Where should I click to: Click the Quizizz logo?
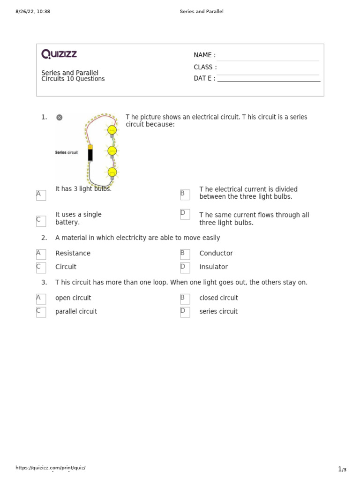59,54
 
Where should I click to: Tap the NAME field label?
204,55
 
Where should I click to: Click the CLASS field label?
205,67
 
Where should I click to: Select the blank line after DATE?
269,81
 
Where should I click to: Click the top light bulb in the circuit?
112,130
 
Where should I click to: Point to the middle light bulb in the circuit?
112,151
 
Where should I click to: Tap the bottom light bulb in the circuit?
112,173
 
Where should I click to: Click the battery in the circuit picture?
90,153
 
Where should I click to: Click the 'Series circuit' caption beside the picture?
66,152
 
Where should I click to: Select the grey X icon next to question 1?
59,117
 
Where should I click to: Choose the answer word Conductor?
216,253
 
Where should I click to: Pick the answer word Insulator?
213,267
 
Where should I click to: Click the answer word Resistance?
73,253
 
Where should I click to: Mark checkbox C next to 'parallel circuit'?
41,312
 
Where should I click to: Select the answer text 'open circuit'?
73,298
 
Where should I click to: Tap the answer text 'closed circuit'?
218,298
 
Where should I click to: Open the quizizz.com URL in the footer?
51,467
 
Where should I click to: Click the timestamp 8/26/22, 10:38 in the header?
33,11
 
